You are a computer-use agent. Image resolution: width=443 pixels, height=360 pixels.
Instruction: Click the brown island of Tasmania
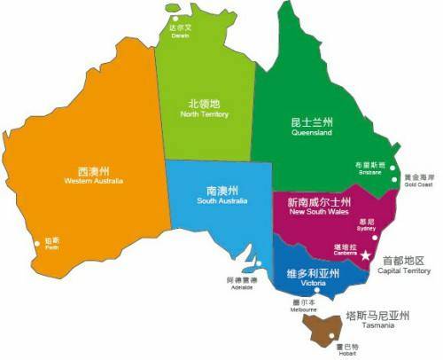[x=322, y=330]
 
